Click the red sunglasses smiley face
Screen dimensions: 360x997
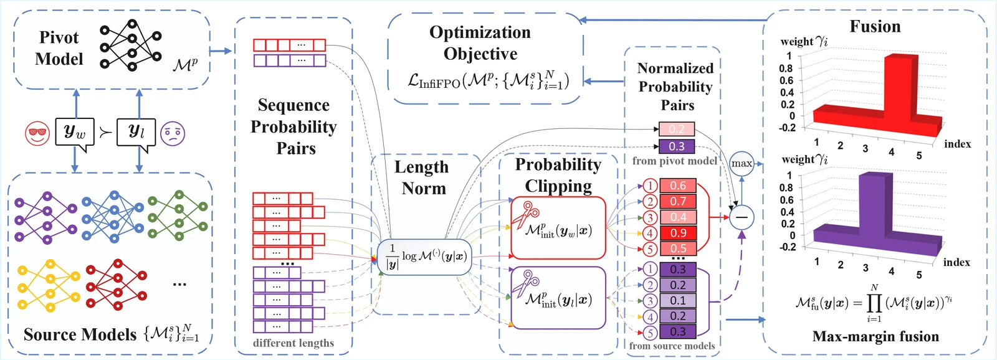coord(37,133)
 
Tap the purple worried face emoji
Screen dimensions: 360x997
coord(173,133)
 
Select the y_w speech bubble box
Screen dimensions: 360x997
coord(75,132)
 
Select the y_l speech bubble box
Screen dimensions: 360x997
coord(136,132)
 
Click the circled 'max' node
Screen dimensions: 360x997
coord(742,164)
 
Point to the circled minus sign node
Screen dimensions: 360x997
coord(742,217)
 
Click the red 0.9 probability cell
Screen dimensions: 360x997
coord(678,233)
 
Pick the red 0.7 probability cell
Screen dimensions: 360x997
coord(678,201)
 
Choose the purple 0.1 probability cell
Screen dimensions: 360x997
coord(678,300)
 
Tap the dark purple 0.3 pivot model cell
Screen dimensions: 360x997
coord(677,146)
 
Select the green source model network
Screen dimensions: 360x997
coord(178,216)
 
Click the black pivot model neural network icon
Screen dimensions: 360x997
coord(130,45)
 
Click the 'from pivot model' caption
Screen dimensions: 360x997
coord(674,161)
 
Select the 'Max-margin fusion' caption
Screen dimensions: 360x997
coord(875,337)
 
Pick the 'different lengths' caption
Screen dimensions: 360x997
coord(293,343)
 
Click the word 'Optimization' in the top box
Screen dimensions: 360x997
coord(480,32)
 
